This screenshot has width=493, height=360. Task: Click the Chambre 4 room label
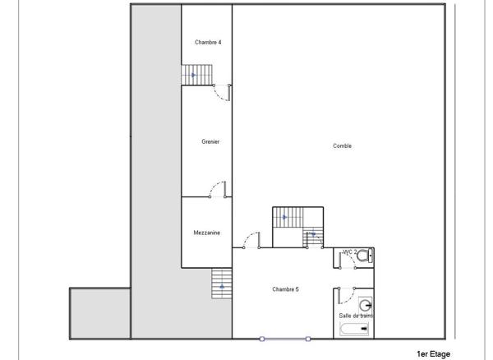pos(208,42)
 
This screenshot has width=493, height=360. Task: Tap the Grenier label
pos(210,141)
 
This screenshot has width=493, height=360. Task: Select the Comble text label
pos(343,146)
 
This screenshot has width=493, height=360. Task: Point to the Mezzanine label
pos(206,233)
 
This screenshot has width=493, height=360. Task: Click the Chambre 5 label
pos(285,289)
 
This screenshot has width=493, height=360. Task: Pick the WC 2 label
pos(348,252)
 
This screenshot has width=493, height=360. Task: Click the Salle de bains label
pos(356,316)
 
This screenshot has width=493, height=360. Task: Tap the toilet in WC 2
pos(364,256)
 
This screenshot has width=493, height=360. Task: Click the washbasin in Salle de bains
pos(366,305)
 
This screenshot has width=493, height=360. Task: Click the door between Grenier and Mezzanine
pos(219,190)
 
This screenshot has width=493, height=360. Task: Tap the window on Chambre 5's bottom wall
pos(285,339)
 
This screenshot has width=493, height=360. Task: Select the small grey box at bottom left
pos(99,313)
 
